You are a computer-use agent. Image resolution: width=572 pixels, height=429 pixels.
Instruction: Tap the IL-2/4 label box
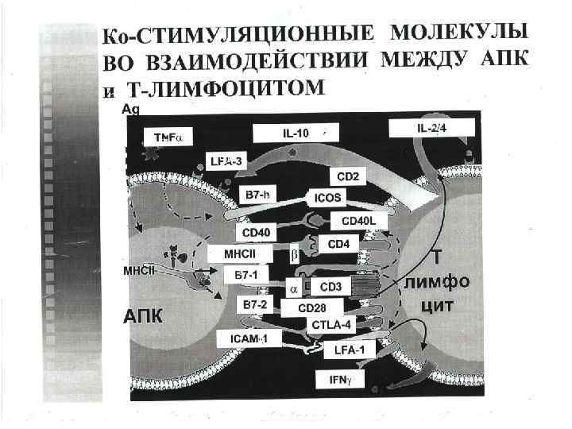[x=432, y=128]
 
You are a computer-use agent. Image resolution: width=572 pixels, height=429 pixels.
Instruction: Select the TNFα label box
[x=168, y=137]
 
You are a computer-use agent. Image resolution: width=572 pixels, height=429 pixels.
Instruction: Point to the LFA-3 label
[x=226, y=160]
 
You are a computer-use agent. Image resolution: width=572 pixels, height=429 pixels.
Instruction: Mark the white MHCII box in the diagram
[x=238, y=254]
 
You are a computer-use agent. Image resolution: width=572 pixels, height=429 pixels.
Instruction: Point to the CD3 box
[x=330, y=285]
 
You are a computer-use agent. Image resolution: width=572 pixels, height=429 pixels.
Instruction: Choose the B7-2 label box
[x=253, y=303]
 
